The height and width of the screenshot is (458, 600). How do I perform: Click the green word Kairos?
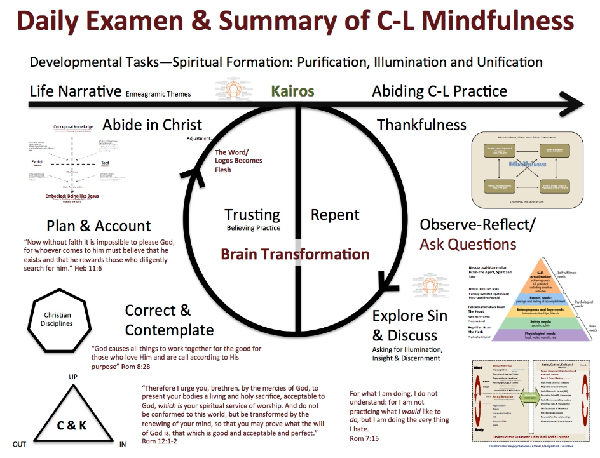tap(292, 91)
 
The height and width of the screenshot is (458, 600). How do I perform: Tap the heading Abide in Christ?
tap(153, 125)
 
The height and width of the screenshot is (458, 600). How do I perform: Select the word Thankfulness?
tap(421, 125)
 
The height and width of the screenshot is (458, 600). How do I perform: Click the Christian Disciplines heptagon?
tap(58, 319)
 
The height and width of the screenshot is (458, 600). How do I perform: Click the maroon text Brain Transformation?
tap(295, 254)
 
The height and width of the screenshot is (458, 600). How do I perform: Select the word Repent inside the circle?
tap(335, 215)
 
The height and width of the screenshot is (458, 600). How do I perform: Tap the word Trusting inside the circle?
tap(252, 215)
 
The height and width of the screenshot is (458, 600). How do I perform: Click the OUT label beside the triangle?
tap(19, 444)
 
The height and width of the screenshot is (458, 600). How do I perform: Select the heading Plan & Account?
tap(99, 226)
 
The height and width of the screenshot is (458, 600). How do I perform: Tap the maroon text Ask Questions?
tap(467, 244)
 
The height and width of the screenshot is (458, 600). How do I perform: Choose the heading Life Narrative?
tap(76, 91)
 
